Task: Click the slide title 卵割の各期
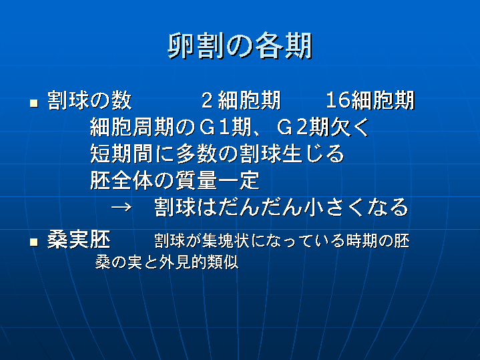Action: (x=240, y=45)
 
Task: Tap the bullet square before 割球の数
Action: (x=33, y=103)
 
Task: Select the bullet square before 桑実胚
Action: (x=33, y=242)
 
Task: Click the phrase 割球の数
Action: (x=89, y=100)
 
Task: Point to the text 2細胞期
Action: (x=241, y=100)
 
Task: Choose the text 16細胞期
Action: (x=370, y=100)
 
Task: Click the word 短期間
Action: (x=122, y=154)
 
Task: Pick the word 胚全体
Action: (x=122, y=180)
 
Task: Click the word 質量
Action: (x=196, y=180)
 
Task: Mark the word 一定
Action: (x=239, y=180)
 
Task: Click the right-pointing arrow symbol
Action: (x=122, y=208)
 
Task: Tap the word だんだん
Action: (x=260, y=207)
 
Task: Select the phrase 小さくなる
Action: (x=356, y=207)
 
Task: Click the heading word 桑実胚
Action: (x=79, y=240)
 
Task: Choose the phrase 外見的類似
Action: (x=198, y=262)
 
